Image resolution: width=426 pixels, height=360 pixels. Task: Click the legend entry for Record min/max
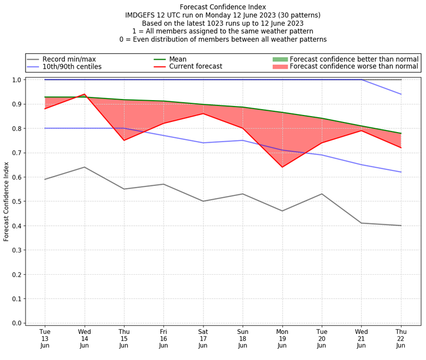[x=69, y=59]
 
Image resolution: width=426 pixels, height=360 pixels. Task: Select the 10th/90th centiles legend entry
[x=72, y=67]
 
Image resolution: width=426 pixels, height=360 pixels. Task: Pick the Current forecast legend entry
[x=195, y=67]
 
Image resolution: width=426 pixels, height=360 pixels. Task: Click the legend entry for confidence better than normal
[x=354, y=59]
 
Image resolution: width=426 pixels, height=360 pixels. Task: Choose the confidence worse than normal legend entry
[x=354, y=67]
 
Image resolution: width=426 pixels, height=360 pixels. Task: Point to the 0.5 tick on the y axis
[x=17, y=201]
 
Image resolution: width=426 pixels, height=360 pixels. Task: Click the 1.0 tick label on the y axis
[x=17, y=80]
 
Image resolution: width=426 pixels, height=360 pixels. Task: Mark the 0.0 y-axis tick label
[x=17, y=323]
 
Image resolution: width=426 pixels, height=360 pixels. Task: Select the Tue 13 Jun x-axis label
[x=45, y=338]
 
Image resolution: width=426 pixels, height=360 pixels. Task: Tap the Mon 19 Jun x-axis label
[x=282, y=338]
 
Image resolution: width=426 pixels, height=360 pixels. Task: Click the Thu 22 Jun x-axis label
[x=401, y=338]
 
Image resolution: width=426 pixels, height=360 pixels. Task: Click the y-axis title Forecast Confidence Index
[x=6, y=201]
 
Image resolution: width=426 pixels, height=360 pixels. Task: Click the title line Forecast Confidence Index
[x=223, y=7]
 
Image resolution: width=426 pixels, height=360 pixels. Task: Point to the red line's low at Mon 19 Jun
[x=282, y=167]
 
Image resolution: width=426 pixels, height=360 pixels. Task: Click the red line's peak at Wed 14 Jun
[x=84, y=94]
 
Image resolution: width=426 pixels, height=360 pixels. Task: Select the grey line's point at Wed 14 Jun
[x=84, y=167]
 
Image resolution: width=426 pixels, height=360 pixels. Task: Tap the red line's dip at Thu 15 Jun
[x=124, y=140]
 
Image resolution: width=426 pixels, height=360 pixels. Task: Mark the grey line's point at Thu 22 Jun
[x=401, y=225]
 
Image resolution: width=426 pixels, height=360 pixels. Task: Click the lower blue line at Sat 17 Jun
[x=203, y=143]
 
